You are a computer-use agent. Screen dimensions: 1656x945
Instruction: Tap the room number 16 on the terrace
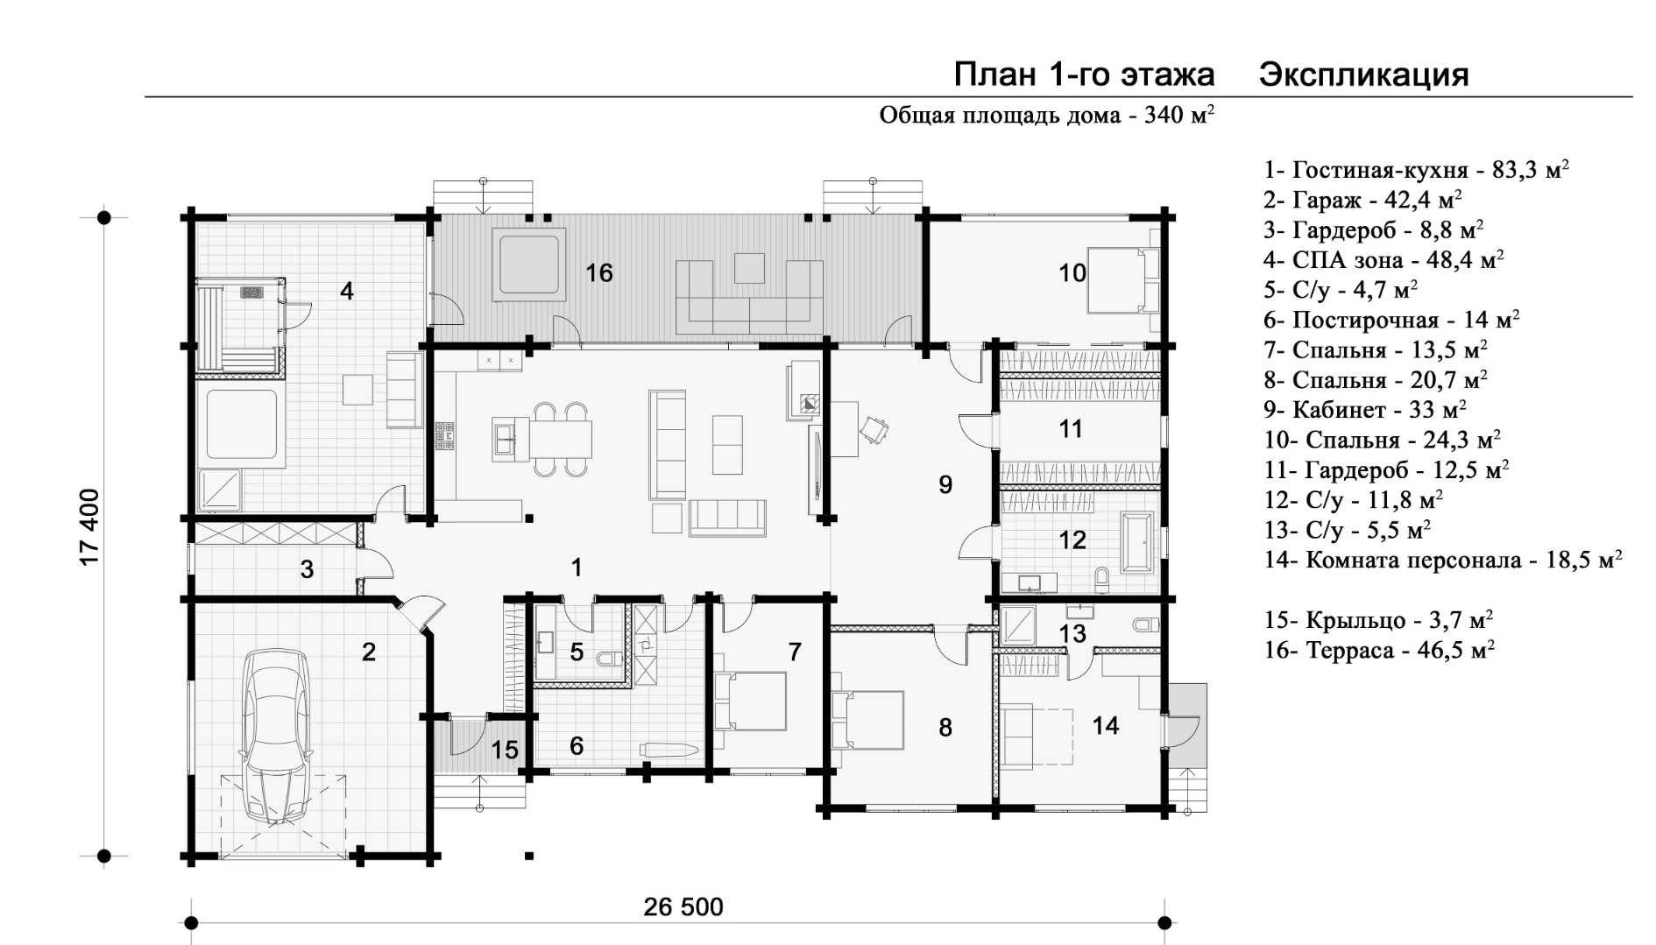pyautogui.click(x=599, y=273)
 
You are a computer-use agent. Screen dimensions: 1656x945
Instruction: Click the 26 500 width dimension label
pyautogui.click(x=683, y=906)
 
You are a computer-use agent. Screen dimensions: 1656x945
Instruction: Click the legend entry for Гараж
pyautogui.click(x=1362, y=200)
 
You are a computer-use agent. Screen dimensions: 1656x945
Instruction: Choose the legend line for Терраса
pyautogui.click(x=1379, y=650)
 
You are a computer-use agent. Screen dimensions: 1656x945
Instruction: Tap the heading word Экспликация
pyautogui.click(x=1363, y=76)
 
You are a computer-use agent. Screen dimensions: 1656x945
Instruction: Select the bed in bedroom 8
pyautogui.click(x=867, y=719)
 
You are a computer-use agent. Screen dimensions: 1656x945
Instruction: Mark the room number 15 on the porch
pyautogui.click(x=505, y=750)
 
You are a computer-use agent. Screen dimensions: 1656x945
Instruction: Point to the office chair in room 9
pyautogui.click(x=874, y=429)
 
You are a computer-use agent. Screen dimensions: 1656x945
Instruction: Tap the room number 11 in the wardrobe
pyautogui.click(x=1071, y=429)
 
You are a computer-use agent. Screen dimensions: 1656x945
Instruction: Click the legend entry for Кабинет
pyautogui.click(x=1365, y=409)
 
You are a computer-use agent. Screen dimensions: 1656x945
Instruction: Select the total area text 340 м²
pyautogui.click(x=1178, y=116)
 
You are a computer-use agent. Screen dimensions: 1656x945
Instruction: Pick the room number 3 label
pyautogui.click(x=307, y=570)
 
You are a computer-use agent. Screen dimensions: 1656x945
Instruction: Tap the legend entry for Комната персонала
pyautogui.click(x=1442, y=560)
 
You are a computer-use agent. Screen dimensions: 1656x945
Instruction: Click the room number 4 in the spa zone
pyautogui.click(x=347, y=291)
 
